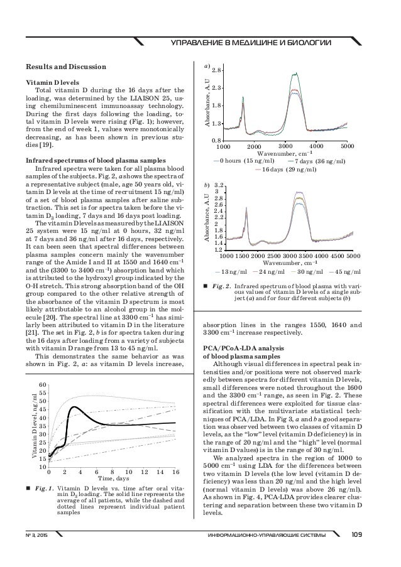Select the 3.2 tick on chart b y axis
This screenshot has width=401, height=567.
coord(219,186)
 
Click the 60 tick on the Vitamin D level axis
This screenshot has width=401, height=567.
coord(42,384)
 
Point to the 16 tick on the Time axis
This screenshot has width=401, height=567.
coord(175,472)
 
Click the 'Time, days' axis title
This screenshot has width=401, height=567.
coord(114,479)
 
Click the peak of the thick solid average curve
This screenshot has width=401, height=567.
coord(74,407)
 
